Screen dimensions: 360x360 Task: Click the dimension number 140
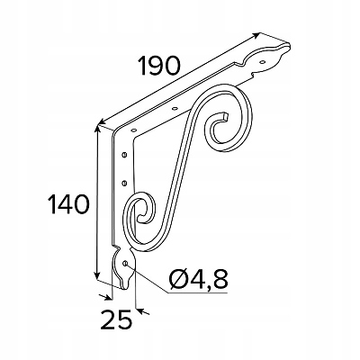(x=69, y=204)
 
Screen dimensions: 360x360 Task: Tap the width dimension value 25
(x=117, y=319)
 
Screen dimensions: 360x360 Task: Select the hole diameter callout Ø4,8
(x=198, y=278)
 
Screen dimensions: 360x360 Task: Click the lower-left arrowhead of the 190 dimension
(x=102, y=121)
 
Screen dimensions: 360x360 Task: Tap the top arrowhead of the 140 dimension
(x=96, y=130)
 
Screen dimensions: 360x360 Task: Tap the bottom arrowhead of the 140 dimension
(x=96, y=274)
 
